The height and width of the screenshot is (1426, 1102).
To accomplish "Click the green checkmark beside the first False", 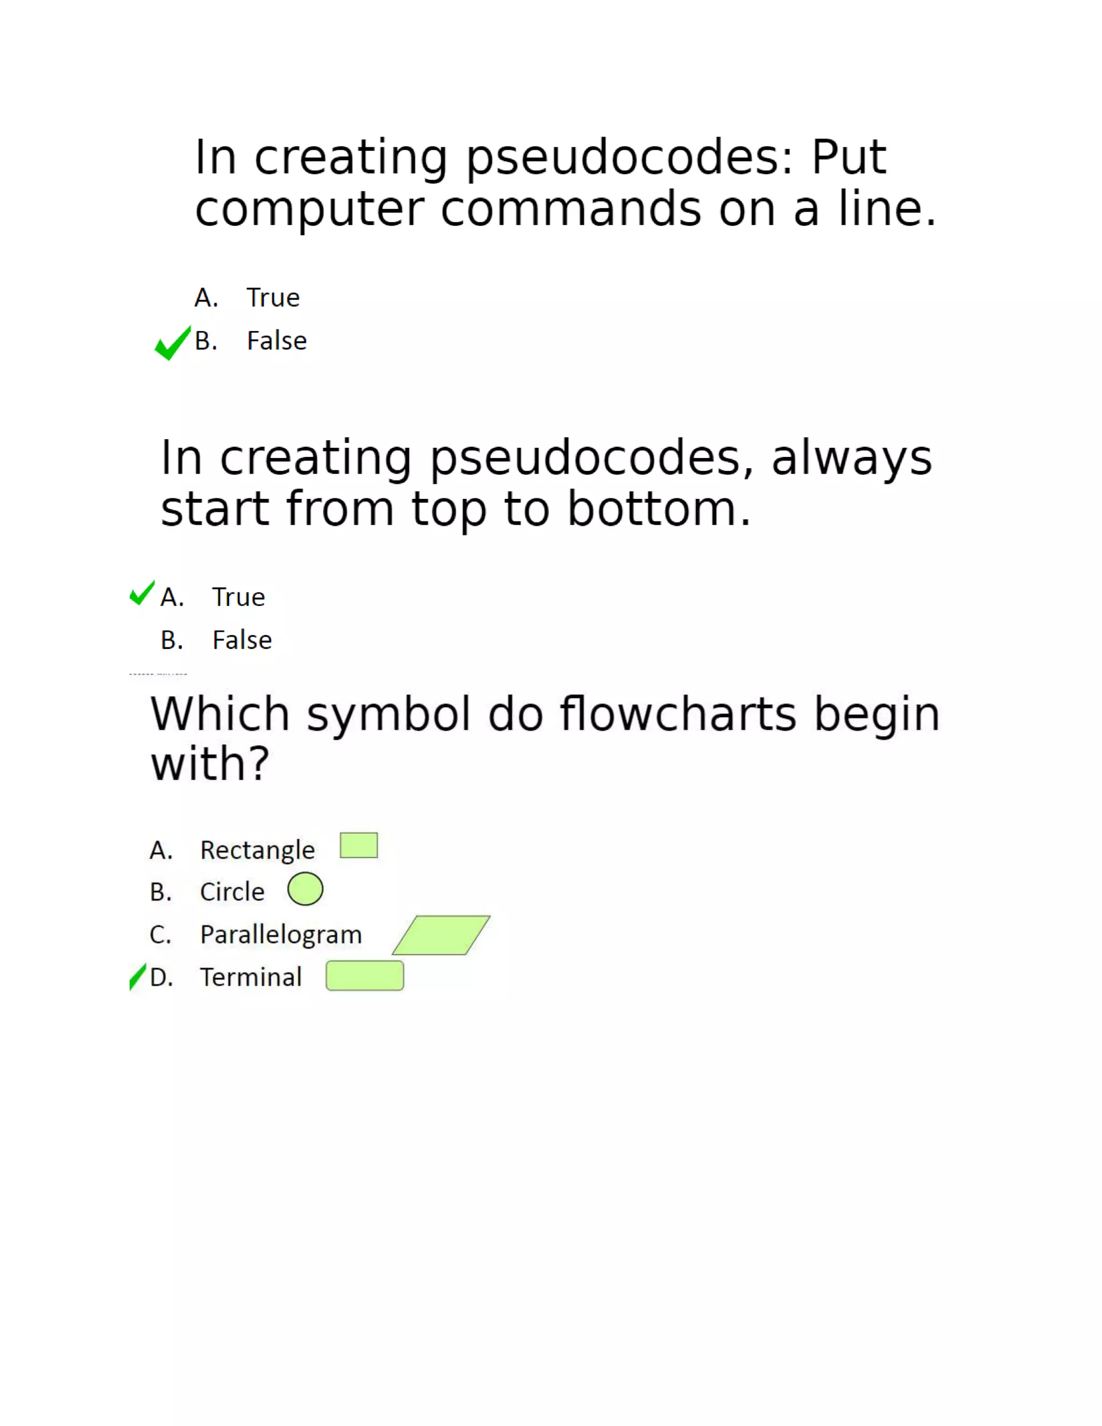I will tap(172, 343).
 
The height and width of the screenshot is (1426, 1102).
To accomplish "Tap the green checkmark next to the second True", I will tap(142, 593).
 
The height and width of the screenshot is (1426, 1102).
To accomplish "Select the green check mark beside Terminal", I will tap(137, 977).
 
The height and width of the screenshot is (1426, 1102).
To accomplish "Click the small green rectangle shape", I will tap(358, 845).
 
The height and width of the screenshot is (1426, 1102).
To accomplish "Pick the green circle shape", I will tap(305, 888).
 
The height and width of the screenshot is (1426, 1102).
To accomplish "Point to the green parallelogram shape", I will tap(441, 935).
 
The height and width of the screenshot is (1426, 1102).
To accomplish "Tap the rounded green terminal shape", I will tap(364, 976).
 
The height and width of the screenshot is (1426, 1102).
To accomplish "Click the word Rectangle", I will tap(257, 850).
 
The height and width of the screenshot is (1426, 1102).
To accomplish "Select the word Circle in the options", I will tap(232, 892).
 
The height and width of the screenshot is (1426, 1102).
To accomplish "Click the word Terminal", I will tap(251, 977).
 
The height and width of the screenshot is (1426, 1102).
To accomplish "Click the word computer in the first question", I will tap(309, 210).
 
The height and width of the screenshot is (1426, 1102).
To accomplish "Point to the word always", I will tap(851, 458).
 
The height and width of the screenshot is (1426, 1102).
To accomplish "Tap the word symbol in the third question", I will tap(389, 715).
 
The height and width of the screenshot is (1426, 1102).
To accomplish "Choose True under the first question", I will tap(273, 298).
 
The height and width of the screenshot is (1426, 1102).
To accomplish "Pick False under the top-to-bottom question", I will tap(242, 640).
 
